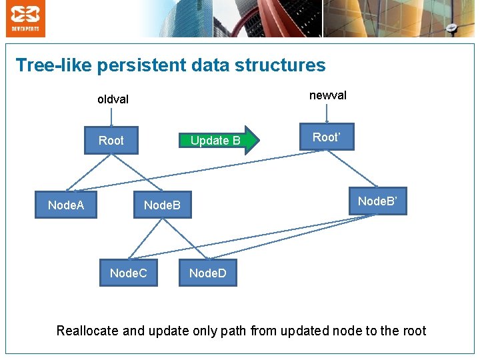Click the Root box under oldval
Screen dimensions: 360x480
(111, 141)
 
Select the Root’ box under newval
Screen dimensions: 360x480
(326, 137)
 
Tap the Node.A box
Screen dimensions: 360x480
(66, 205)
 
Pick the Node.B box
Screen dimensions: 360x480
(162, 205)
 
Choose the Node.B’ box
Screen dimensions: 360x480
(377, 201)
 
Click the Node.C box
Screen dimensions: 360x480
(129, 273)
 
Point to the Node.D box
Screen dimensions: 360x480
(207, 273)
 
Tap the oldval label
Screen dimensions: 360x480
(113, 99)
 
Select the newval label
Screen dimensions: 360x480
(328, 95)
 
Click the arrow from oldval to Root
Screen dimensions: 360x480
(112, 117)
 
